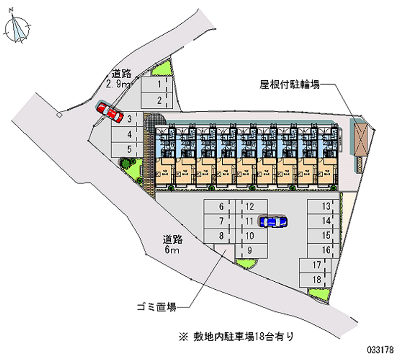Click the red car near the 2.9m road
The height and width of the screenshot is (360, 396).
(110, 111)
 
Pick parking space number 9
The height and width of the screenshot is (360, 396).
(254, 250)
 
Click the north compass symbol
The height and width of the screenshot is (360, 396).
(19, 27)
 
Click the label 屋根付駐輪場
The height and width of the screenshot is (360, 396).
(290, 84)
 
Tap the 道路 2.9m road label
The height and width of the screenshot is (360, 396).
(119, 79)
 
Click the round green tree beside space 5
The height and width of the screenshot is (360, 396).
(124, 162)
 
